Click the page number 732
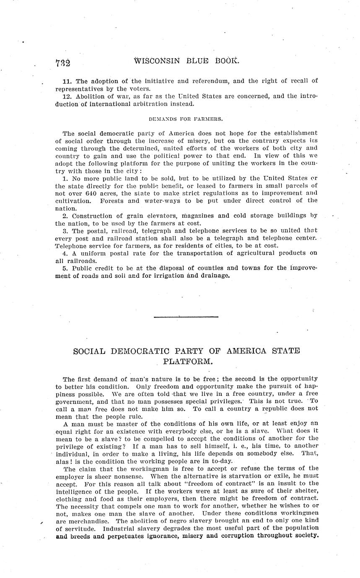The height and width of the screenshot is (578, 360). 62,63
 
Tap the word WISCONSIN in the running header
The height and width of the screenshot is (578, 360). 157,61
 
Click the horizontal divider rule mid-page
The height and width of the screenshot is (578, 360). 186,317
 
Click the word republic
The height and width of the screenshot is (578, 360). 275,408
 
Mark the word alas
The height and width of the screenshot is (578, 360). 63,461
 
